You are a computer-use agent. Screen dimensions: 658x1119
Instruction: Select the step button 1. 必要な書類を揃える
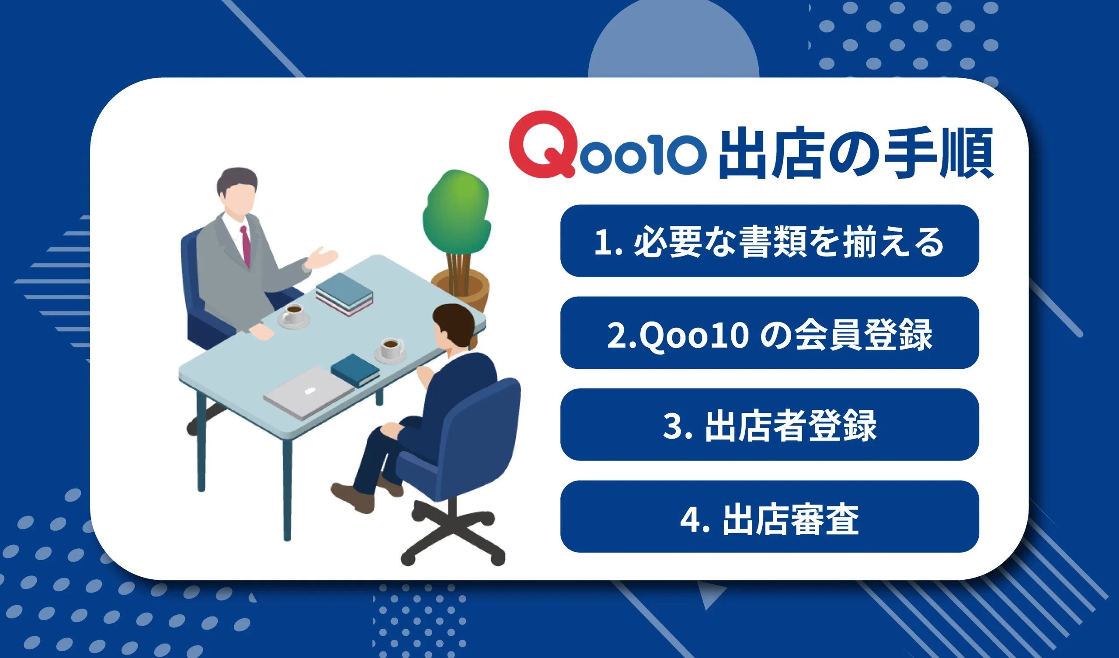click(x=770, y=241)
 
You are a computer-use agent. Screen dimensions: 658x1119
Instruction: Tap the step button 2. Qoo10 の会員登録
click(x=770, y=333)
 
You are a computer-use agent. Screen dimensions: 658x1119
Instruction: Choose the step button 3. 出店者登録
click(x=770, y=425)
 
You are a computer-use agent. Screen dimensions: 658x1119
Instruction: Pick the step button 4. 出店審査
click(x=770, y=517)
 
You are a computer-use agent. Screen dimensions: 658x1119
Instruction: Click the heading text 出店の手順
click(x=855, y=153)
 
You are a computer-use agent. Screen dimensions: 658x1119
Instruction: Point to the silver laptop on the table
click(x=308, y=392)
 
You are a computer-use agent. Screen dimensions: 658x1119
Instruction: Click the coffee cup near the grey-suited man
click(x=293, y=314)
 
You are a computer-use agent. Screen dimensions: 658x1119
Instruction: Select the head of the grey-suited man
click(x=237, y=191)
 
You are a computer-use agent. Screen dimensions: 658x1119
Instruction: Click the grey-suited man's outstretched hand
click(x=322, y=258)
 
